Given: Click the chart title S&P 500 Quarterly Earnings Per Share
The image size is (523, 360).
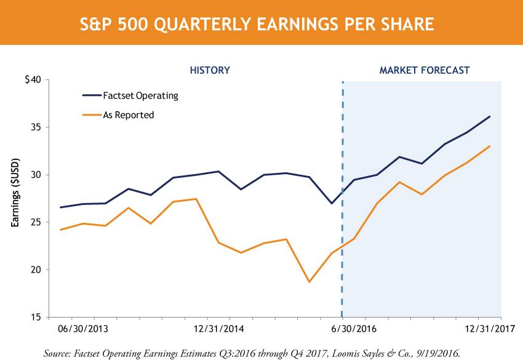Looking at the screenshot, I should point(261,24).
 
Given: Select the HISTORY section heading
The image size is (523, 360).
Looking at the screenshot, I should point(209,70).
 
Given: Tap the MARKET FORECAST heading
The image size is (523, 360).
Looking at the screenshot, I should point(425,70).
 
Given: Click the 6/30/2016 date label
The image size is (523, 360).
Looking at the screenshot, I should point(356,328).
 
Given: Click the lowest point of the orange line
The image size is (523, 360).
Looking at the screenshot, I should point(309,282).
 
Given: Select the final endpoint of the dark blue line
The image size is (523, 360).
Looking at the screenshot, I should point(490,116).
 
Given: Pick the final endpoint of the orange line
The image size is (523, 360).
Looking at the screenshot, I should point(490,146).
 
